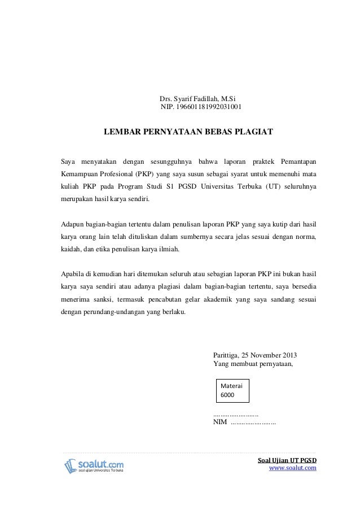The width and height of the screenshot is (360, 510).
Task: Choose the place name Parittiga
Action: coord(225,356)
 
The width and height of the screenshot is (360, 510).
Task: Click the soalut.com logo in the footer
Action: coord(93,465)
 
